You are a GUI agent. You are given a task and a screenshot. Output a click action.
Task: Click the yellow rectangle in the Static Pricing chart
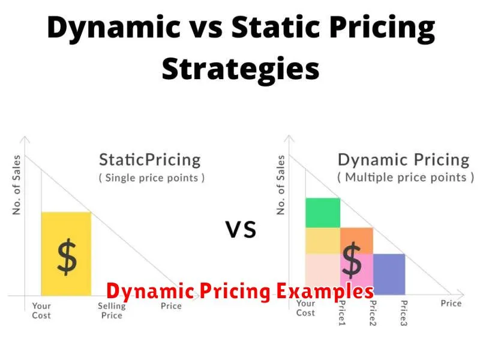66,254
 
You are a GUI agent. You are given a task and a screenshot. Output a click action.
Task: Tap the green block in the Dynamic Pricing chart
323,213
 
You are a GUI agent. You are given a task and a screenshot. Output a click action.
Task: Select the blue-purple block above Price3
389,274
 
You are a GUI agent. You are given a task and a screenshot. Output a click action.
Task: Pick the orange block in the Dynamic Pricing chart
356,241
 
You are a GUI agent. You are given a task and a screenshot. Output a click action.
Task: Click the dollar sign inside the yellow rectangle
67,257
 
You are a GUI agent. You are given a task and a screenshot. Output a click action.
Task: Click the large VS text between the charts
241,230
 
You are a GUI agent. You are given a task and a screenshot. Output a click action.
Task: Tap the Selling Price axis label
112,310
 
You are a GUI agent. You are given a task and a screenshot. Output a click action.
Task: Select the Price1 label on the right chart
342,313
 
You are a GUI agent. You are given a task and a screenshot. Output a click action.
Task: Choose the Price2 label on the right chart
373,313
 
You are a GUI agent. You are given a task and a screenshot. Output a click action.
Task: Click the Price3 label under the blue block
404,313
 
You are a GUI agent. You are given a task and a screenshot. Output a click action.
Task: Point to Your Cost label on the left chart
41,310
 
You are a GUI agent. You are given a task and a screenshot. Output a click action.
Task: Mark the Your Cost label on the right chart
305,308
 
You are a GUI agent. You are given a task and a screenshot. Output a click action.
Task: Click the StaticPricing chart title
150,160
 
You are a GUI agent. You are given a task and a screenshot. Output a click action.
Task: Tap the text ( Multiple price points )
406,178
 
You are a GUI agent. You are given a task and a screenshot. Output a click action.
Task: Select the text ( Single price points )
152,178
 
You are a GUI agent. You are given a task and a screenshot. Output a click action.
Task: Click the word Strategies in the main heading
241,69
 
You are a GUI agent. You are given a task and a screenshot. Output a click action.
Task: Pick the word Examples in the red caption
325,291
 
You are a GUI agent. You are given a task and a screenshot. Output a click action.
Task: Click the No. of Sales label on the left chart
16,185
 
